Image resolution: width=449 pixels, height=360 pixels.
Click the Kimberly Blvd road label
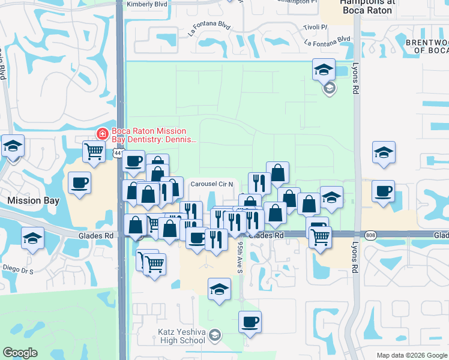click(x=146, y=4)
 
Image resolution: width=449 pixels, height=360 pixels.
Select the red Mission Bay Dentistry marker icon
click(x=102, y=133)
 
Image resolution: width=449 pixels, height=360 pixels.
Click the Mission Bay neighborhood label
click(x=31, y=199)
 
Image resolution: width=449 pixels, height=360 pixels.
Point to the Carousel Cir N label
click(x=214, y=184)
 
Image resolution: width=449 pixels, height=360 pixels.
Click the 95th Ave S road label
click(x=240, y=257)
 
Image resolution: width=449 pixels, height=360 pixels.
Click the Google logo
click(x=20, y=353)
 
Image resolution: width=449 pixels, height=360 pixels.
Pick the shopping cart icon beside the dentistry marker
click(x=94, y=152)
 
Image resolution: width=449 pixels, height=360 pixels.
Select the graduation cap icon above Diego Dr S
click(x=32, y=238)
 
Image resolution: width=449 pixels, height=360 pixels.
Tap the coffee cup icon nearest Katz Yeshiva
click(x=249, y=322)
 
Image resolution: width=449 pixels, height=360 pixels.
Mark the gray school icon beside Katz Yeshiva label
click(x=215, y=334)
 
